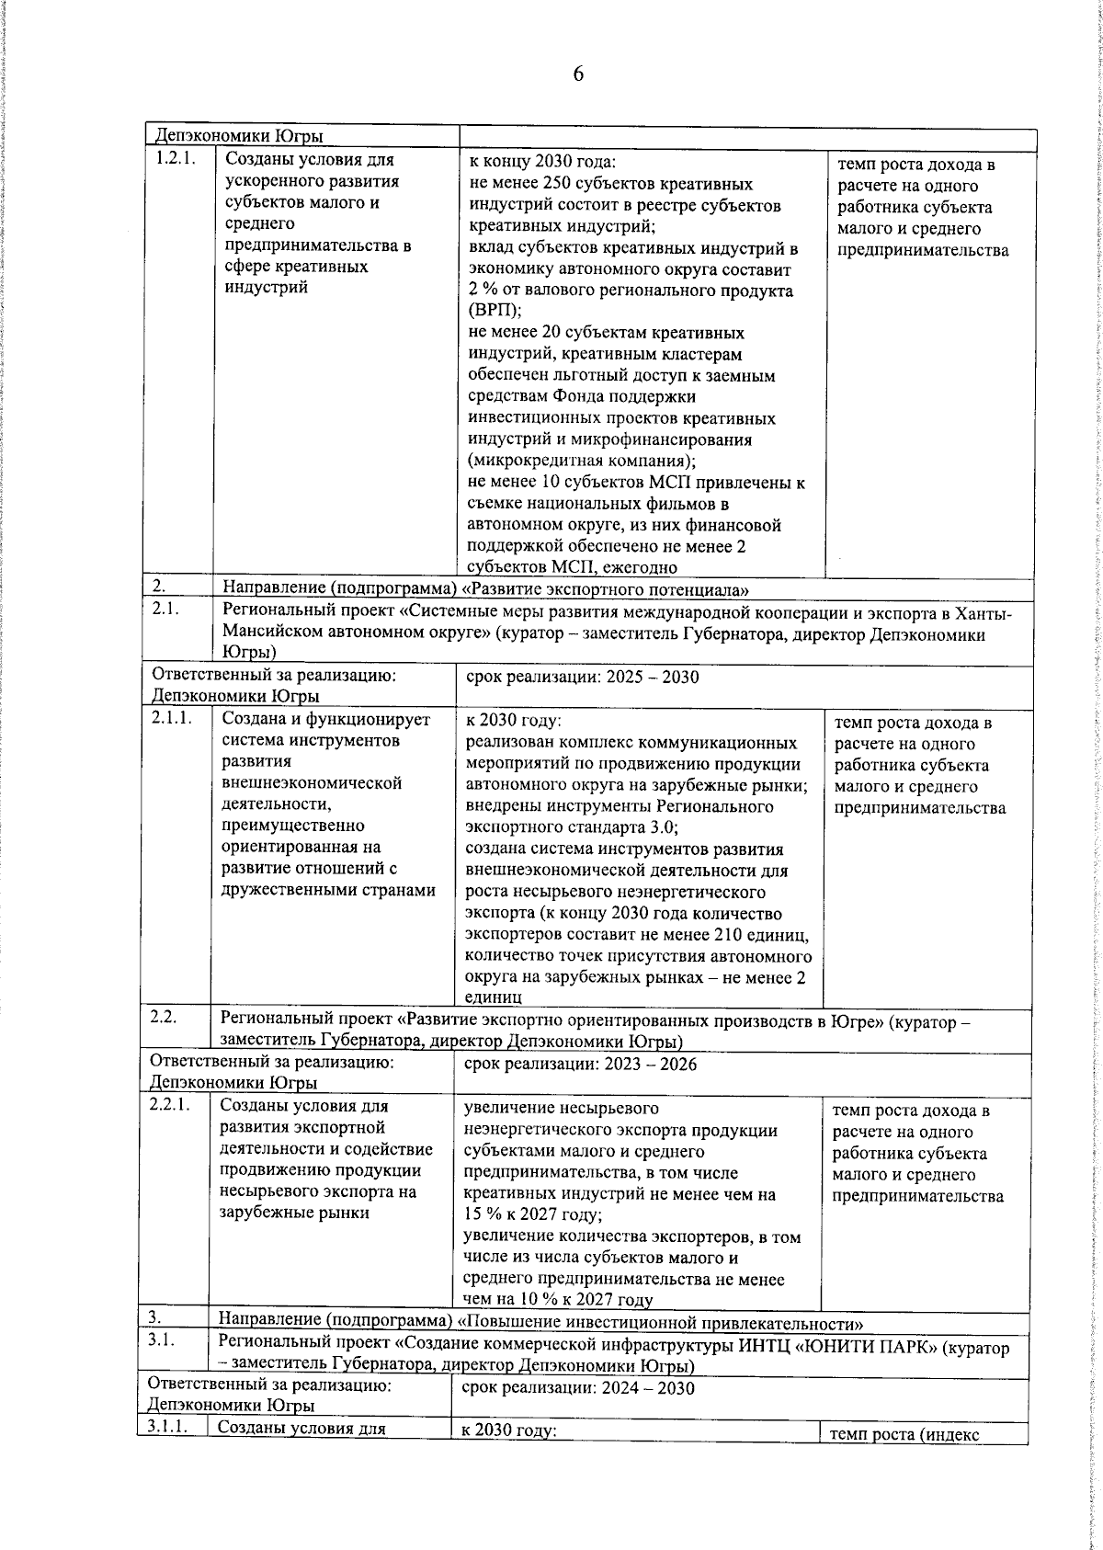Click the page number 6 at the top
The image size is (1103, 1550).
tap(577, 74)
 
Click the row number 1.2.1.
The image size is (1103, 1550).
tap(175, 159)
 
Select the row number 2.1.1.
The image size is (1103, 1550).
tap(172, 719)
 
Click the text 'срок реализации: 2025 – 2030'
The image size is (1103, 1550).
tap(582, 678)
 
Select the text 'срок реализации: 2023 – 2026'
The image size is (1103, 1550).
tap(580, 1065)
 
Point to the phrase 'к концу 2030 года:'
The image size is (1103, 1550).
tap(536, 161)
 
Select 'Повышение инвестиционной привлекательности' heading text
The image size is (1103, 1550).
tap(660, 1324)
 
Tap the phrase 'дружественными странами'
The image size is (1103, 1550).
tap(328, 890)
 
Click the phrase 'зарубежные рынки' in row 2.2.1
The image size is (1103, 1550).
tap(294, 1213)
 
